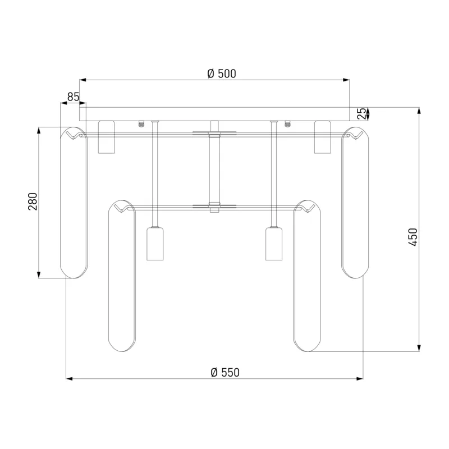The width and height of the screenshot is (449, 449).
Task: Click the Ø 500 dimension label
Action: point(222,74)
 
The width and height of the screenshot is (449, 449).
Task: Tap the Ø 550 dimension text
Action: point(225,372)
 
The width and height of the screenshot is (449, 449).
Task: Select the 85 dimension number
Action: point(73,97)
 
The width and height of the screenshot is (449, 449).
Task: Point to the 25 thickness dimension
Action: point(362,113)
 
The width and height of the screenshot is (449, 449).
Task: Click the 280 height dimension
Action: point(33,201)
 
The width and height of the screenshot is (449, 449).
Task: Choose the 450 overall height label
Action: point(413,237)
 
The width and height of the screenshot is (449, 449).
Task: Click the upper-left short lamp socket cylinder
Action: point(106,137)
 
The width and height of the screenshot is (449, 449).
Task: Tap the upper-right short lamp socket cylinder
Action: point(322,137)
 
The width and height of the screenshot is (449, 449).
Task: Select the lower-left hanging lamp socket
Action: point(155,244)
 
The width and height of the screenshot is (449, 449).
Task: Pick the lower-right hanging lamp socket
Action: point(274,244)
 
